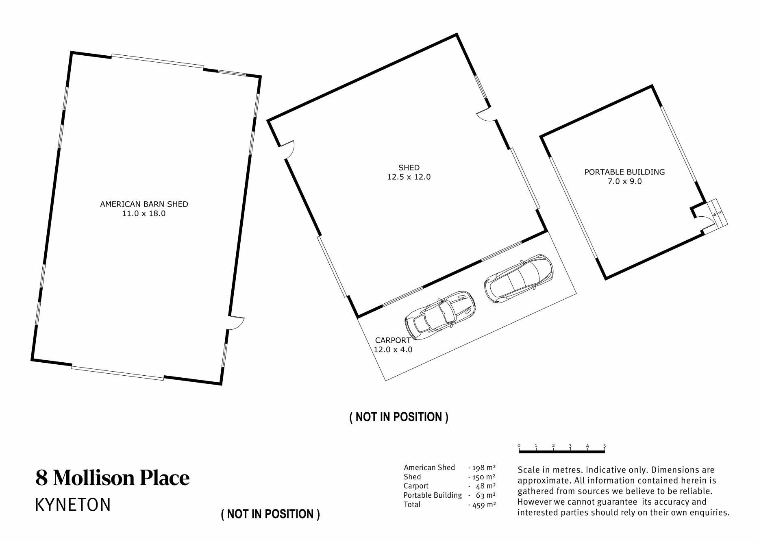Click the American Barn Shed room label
[144, 204]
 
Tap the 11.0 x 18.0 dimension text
[144, 213]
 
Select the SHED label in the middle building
[409, 168]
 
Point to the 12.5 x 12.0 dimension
[409, 177]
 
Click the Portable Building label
[625, 172]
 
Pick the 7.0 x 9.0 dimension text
[625, 181]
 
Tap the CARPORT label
[393, 340]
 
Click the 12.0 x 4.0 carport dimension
[393, 350]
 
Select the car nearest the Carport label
[440, 316]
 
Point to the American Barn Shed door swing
[236, 323]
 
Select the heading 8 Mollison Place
[113, 478]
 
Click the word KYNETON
[73, 505]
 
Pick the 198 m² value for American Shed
[482, 468]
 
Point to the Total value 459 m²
[482, 505]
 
